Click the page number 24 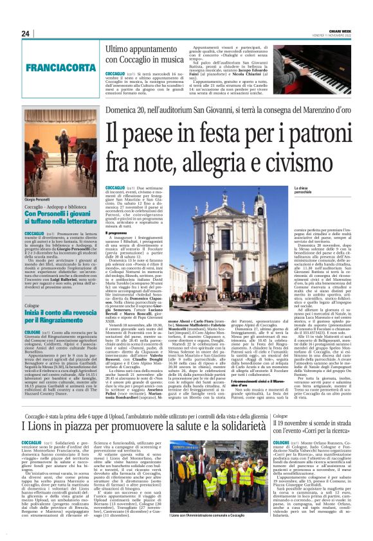(26, 34)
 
